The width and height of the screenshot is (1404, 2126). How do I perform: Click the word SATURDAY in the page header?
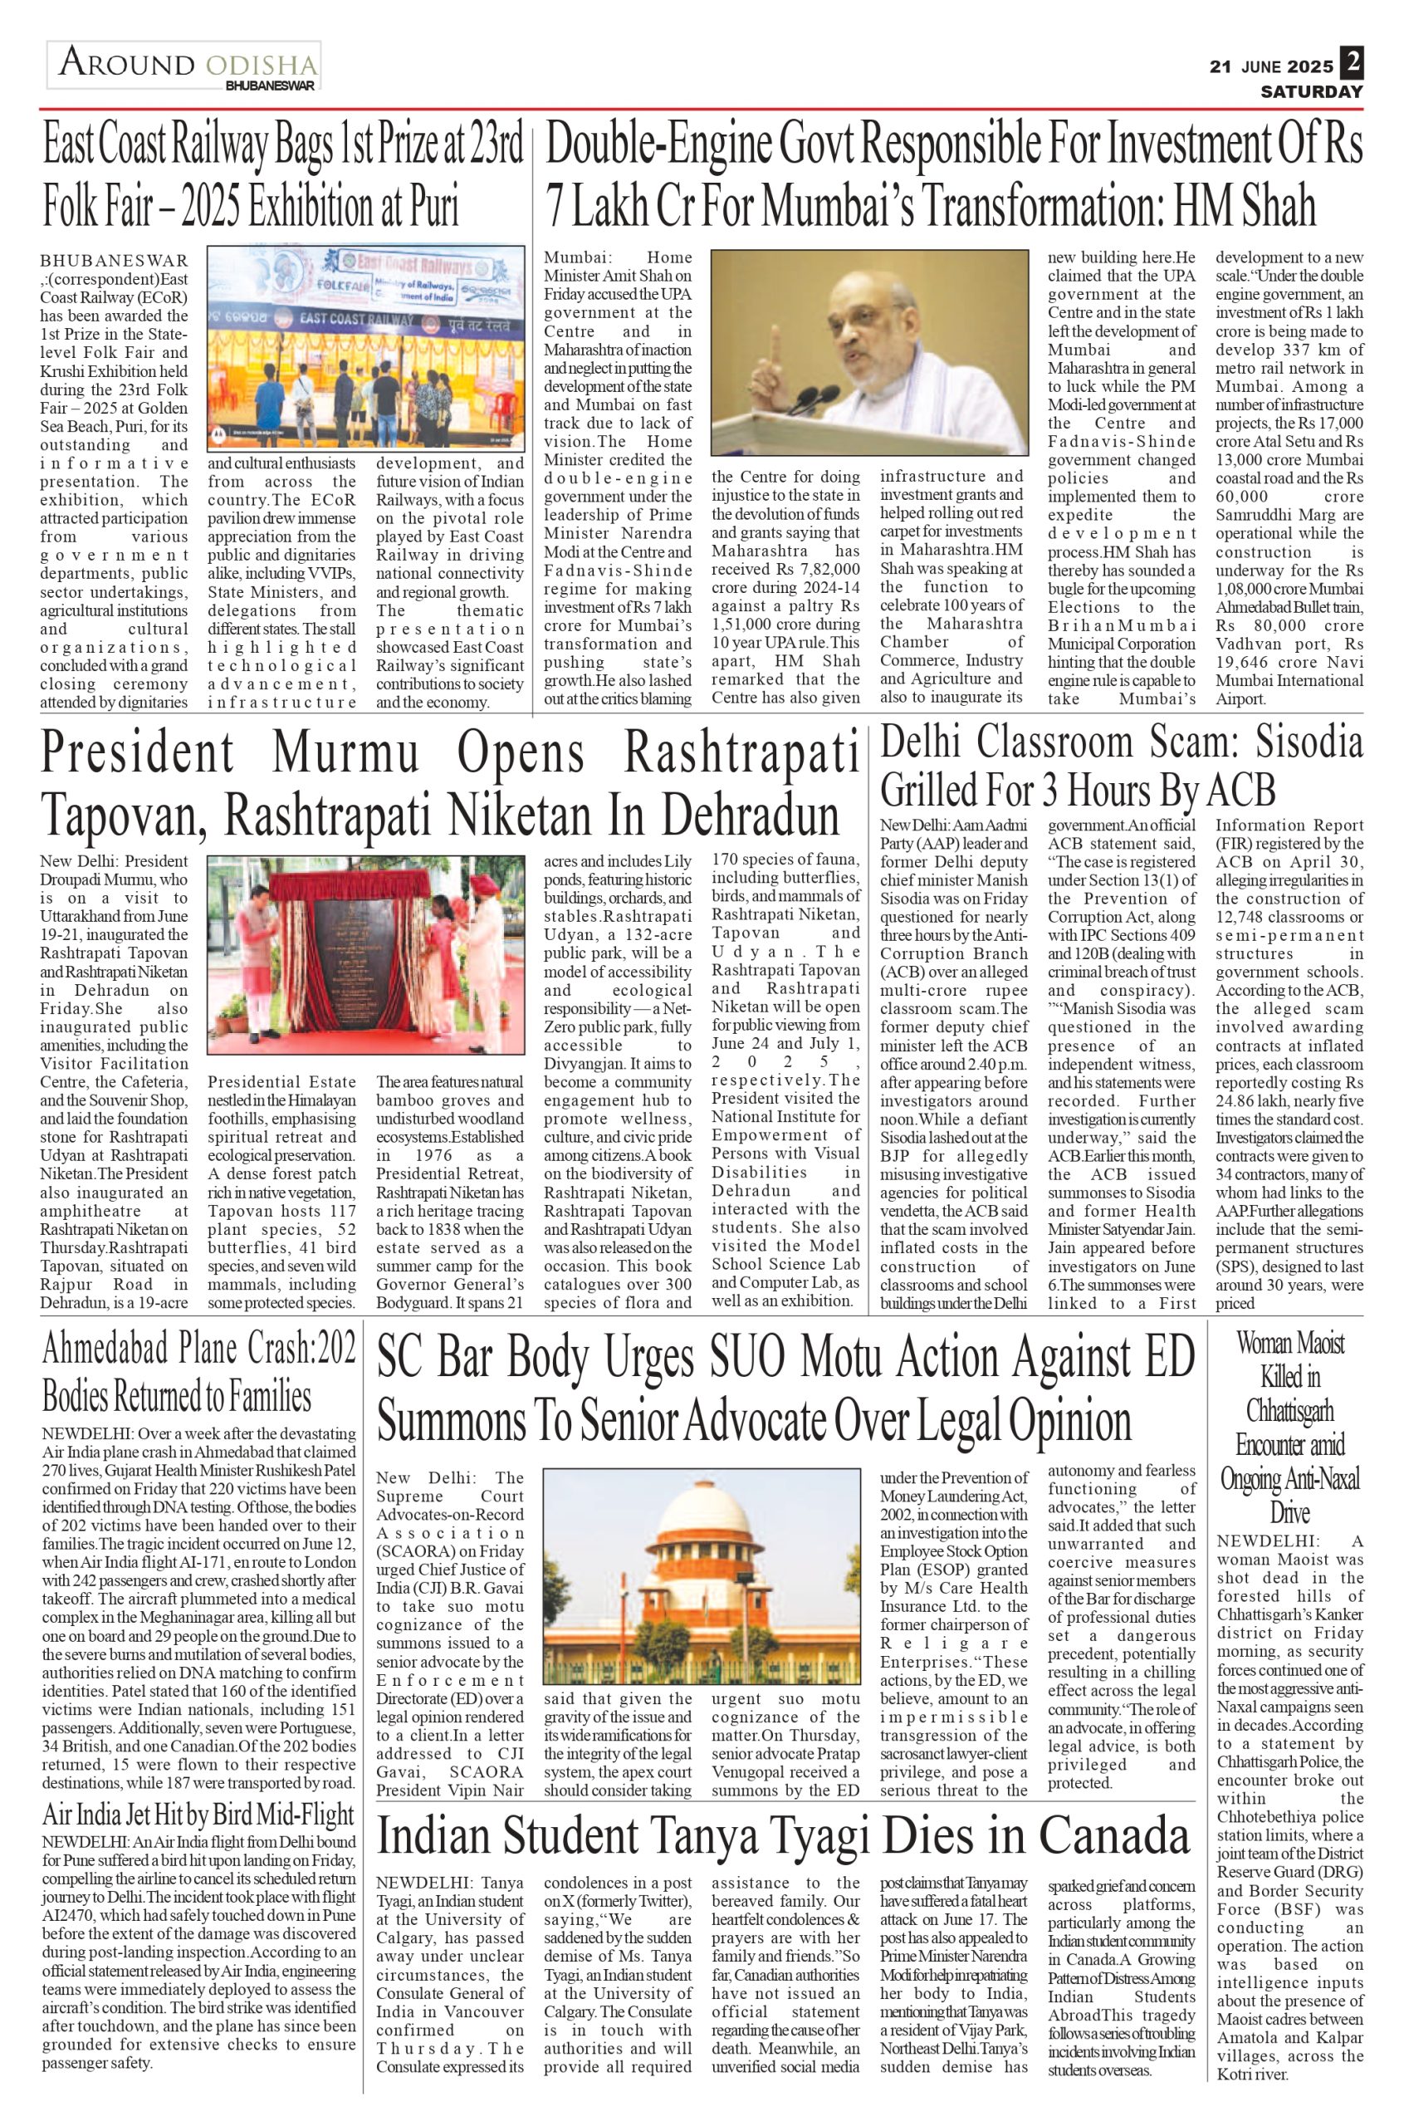[x=1312, y=91]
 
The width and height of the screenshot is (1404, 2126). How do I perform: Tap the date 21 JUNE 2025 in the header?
[x=1270, y=67]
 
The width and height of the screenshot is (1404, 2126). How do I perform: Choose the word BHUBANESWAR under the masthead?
[x=271, y=86]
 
